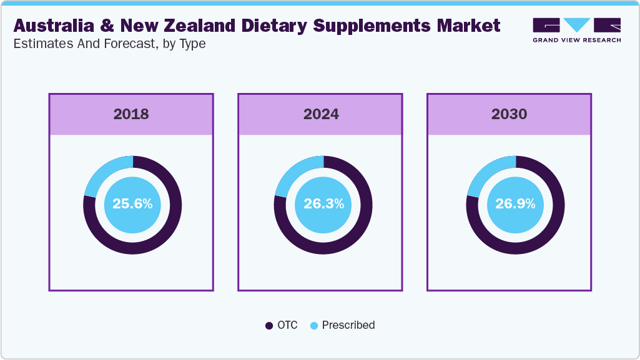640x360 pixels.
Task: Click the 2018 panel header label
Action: click(131, 114)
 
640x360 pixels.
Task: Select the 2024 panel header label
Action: click(321, 114)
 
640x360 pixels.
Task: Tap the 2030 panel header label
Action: click(509, 114)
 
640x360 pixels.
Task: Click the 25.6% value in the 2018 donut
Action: click(132, 204)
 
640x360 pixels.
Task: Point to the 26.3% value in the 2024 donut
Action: click(323, 204)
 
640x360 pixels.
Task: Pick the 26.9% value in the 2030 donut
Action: click(515, 204)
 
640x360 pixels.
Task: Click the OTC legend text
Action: click(287, 325)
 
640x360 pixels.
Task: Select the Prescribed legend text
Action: click(348, 325)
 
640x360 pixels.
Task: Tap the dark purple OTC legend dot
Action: click(269, 326)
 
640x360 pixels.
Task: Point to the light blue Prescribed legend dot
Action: click(314, 326)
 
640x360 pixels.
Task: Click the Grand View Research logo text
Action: click(576, 40)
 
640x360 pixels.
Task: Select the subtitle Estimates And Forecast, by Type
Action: click(109, 44)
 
